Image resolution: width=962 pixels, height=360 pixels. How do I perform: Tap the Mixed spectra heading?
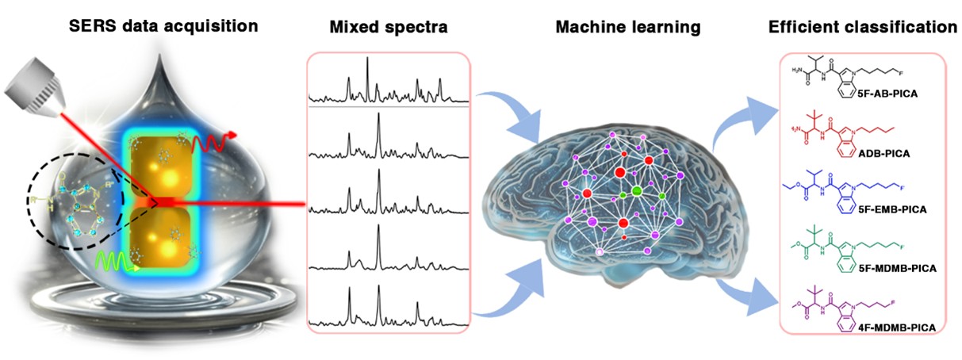point(389,28)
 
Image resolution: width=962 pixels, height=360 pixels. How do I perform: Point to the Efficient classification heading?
point(862,28)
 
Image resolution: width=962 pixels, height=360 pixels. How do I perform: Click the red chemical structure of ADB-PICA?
point(849,132)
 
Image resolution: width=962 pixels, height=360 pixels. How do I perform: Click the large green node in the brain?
point(636,193)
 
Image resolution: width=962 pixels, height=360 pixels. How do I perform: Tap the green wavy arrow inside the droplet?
point(110,260)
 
